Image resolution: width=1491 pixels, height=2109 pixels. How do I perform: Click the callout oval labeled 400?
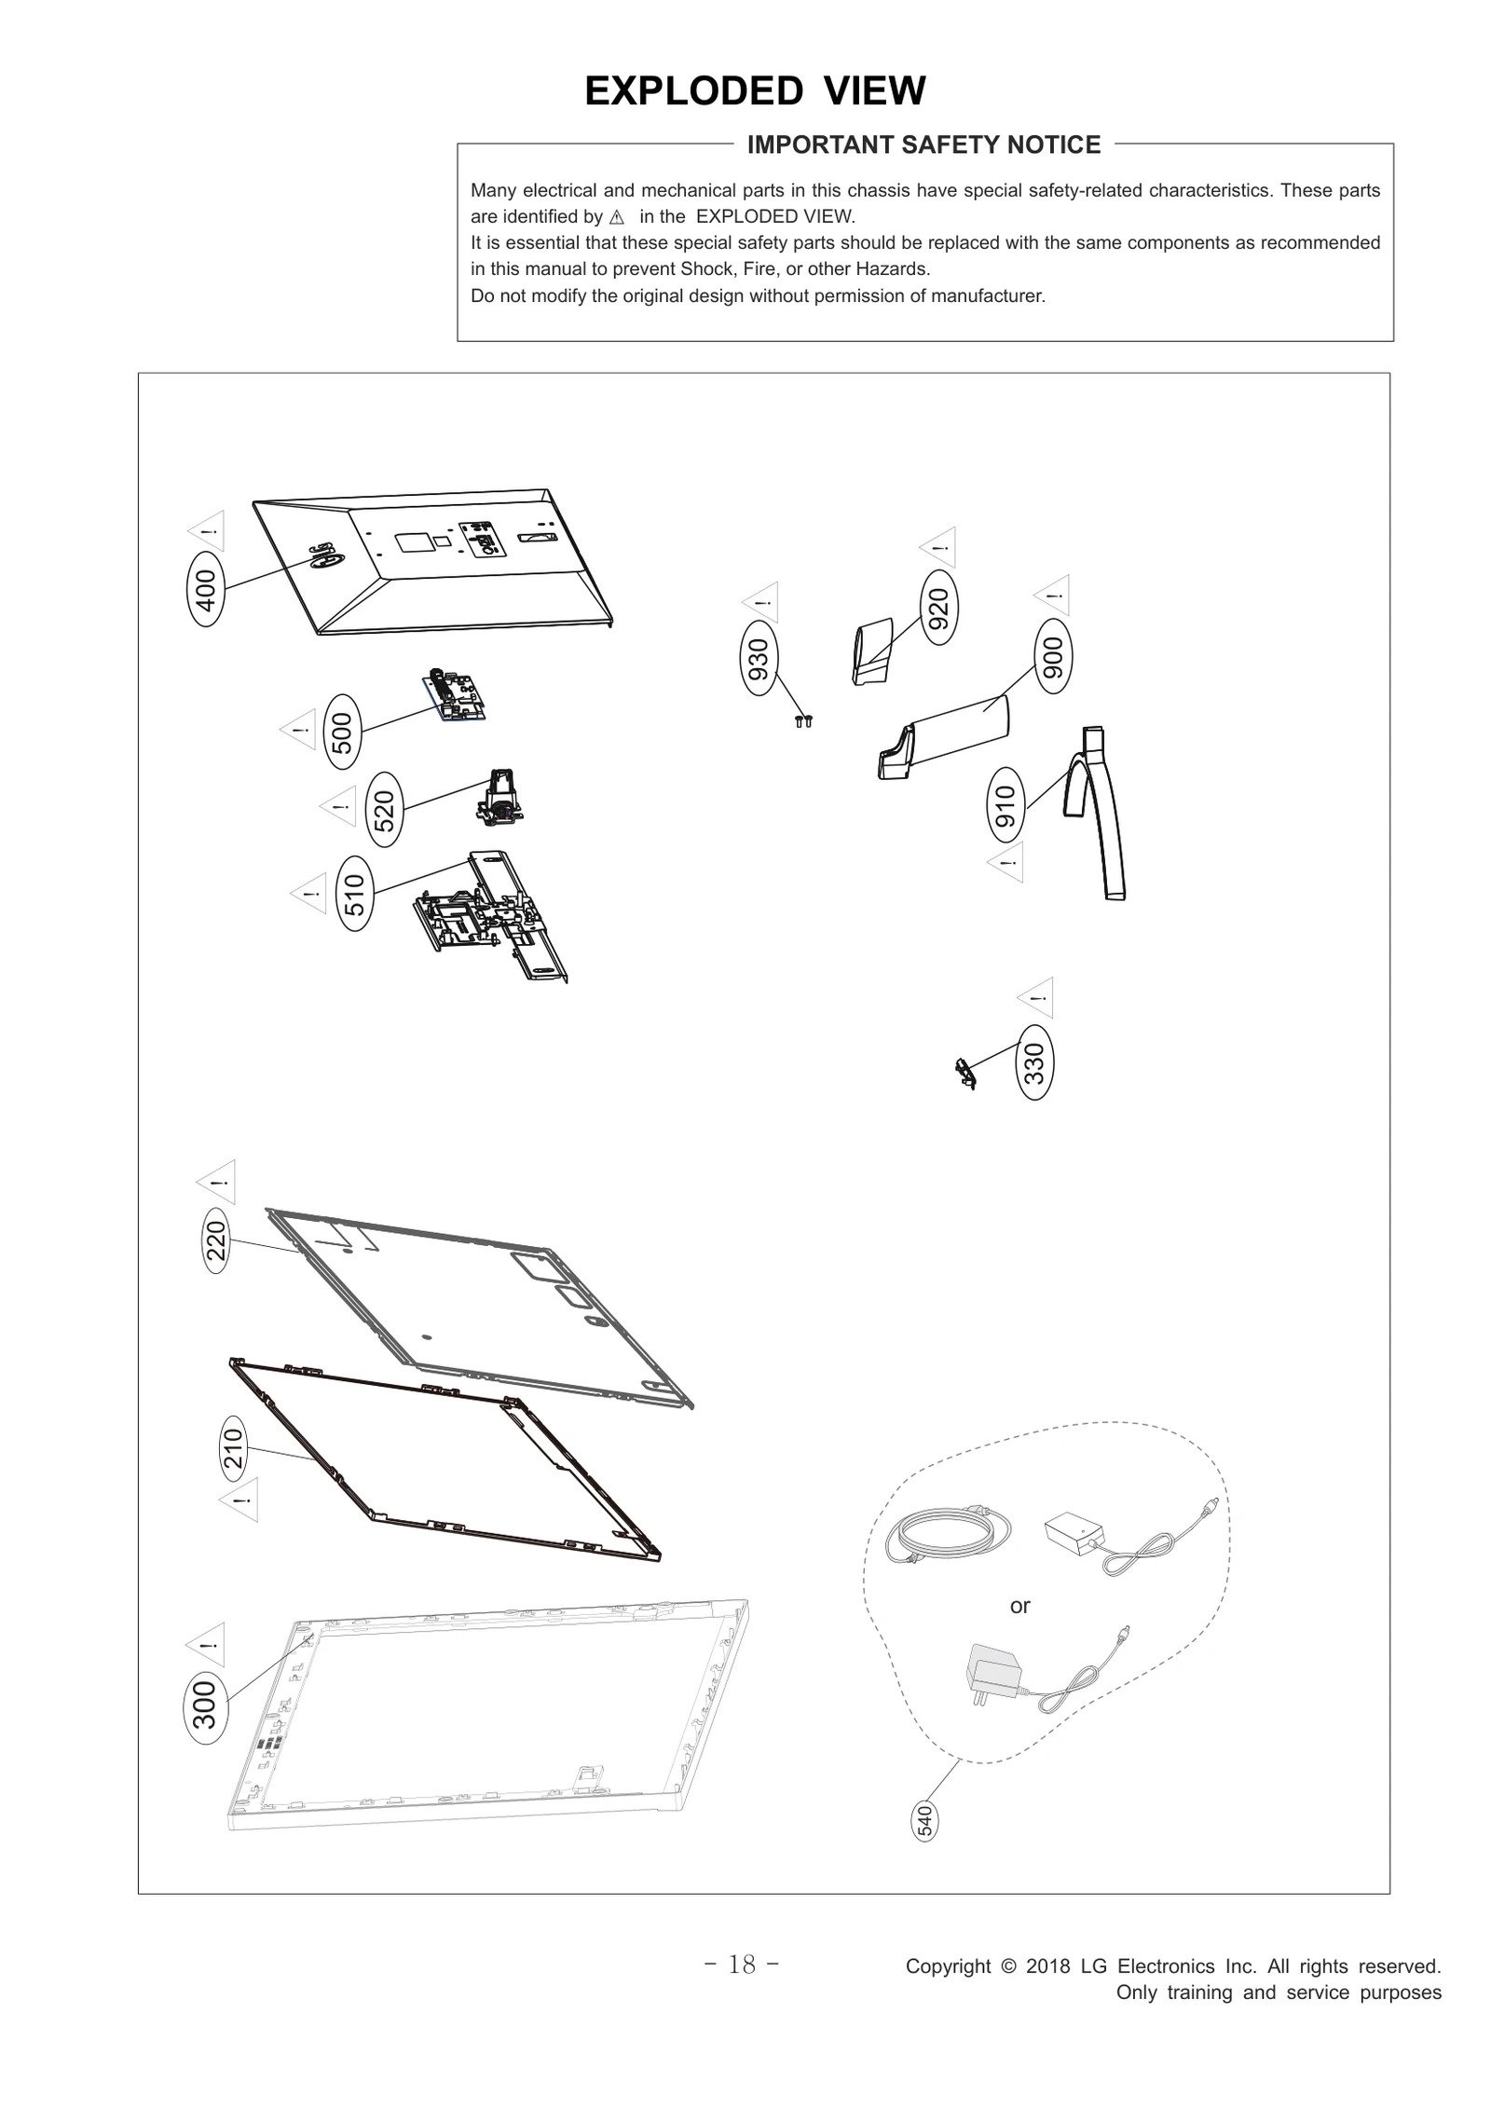click(x=206, y=589)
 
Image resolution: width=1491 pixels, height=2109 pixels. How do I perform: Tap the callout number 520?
click(x=384, y=809)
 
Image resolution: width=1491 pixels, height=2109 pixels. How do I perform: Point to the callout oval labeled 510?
click(x=354, y=893)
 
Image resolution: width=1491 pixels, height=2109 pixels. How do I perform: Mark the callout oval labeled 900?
click(x=1053, y=657)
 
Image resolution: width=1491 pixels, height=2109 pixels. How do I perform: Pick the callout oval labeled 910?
click(x=1005, y=806)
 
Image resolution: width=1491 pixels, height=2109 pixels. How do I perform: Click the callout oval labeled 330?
click(x=1035, y=1061)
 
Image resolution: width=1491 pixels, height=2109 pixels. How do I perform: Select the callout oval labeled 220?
click(x=215, y=1240)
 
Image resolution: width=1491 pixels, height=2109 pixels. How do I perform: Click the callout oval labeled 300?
click(x=204, y=1704)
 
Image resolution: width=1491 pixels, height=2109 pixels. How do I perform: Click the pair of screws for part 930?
click(x=803, y=720)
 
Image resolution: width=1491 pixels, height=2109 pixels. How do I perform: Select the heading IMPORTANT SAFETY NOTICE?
click(x=923, y=145)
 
